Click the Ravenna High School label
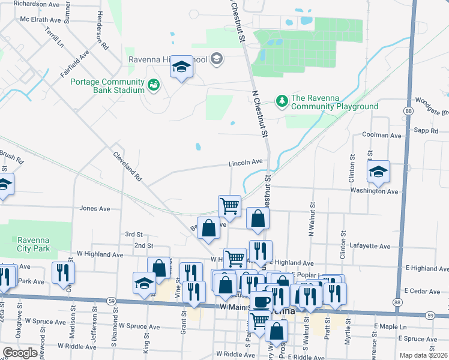pos(168,60)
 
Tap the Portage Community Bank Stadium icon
pos(154,85)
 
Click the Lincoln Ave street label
pos(245,162)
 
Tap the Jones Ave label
pos(95,209)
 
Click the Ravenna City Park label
pos(33,244)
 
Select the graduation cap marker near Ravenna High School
pos(181,68)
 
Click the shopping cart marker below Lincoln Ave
pos(229,206)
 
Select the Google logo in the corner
pos(20,353)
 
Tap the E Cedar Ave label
pos(423,291)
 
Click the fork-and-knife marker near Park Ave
pos(63,274)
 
